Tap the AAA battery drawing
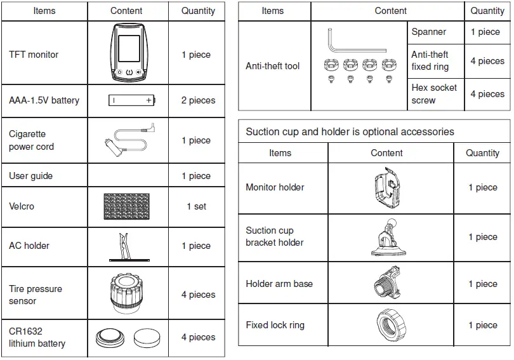click(132, 100)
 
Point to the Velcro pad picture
click(128, 206)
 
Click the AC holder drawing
click(128, 246)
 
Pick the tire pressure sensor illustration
click(128, 293)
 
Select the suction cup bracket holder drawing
click(386, 237)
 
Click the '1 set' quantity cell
click(196, 206)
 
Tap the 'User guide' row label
click(30, 176)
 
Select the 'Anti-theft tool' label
click(272, 66)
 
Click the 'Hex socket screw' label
click(434, 94)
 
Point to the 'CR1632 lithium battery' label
click(37, 337)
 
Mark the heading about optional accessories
click(350, 132)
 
